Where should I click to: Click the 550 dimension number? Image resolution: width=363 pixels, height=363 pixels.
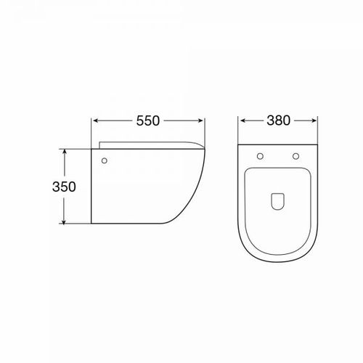(x=148, y=121)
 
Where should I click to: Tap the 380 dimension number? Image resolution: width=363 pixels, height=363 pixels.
(x=278, y=121)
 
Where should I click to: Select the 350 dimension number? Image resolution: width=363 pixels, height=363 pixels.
(x=64, y=187)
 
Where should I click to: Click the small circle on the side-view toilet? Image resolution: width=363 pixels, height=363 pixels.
(x=105, y=160)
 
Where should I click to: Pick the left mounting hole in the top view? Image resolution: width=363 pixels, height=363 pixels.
(x=260, y=156)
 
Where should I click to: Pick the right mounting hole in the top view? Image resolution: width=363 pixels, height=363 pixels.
(x=295, y=156)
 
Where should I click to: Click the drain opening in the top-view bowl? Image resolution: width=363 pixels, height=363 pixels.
(x=277, y=201)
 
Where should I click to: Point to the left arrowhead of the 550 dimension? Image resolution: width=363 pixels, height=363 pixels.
(x=96, y=121)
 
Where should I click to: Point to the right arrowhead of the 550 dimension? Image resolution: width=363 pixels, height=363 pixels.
(x=200, y=121)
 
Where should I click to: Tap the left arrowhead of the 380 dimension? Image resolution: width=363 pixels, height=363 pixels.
(x=243, y=121)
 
